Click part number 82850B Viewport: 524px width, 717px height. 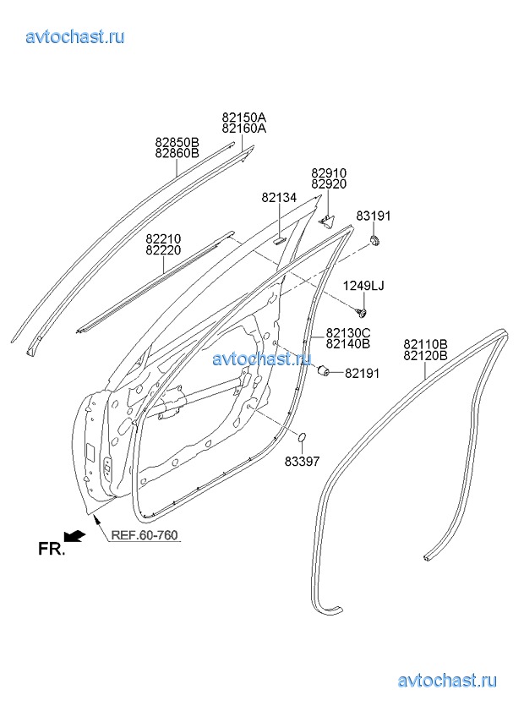[x=177, y=142]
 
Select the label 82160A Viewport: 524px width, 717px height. [x=244, y=129]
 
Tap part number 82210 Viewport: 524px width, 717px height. [x=163, y=239]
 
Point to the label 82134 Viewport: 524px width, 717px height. [x=279, y=198]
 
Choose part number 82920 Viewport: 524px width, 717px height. [x=330, y=183]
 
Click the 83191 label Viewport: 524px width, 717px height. [x=374, y=216]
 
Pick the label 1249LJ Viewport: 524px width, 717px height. [x=363, y=287]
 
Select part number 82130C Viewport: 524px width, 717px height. [x=348, y=332]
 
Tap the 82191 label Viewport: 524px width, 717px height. [x=362, y=374]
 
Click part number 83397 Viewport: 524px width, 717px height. [x=303, y=462]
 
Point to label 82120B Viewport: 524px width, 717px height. [x=425, y=355]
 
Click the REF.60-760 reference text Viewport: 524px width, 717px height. [x=145, y=535]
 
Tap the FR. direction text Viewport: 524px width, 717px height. [x=52, y=548]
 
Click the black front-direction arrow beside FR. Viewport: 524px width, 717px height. [x=74, y=535]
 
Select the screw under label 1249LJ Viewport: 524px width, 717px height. [x=362, y=312]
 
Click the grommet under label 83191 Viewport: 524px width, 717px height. [x=374, y=240]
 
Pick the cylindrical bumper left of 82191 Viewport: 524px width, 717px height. [x=325, y=370]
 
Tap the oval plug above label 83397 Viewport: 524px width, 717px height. [x=302, y=438]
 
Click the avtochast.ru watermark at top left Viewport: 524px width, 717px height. [x=75, y=36]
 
